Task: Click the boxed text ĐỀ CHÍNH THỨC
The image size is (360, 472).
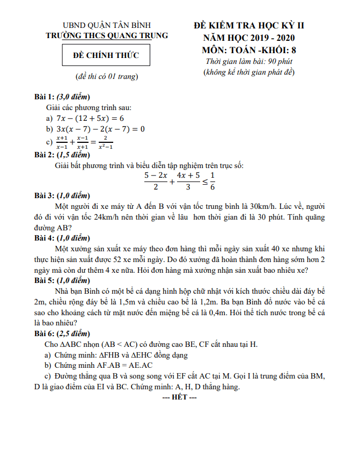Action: pyautogui.click(x=106, y=55)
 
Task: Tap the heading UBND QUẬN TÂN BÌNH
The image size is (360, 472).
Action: pyautogui.click(x=107, y=25)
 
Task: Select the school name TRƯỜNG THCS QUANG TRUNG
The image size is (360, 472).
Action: pyautogui.click(x=107, y=35)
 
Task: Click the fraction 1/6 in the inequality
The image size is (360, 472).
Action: pyautogui.click(x=212, y=181)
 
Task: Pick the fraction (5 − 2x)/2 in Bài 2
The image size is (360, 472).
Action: pyautogui.click(x=156, y=181)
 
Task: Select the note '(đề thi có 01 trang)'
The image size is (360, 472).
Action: pyautogui.click(x=107, y=77)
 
